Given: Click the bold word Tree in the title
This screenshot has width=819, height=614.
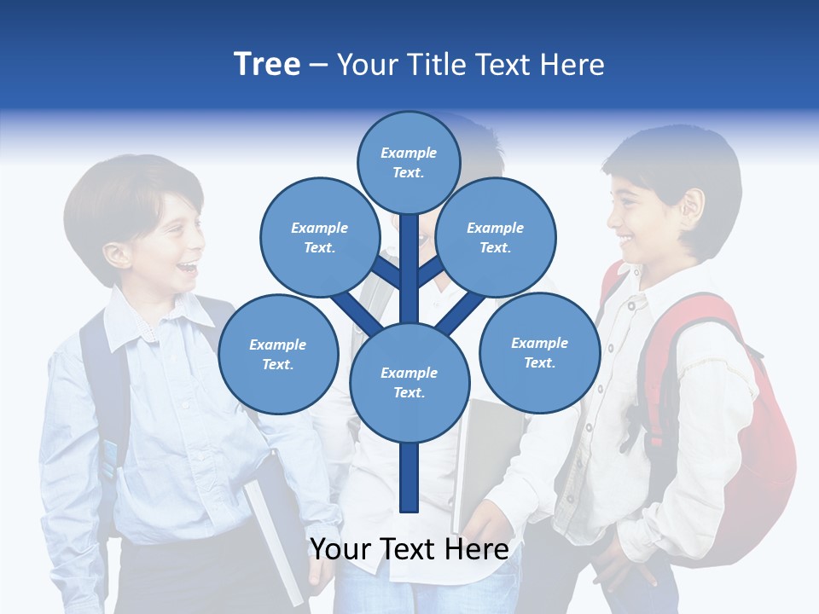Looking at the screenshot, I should point(267,64).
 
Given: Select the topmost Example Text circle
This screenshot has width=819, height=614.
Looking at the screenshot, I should point(409,162).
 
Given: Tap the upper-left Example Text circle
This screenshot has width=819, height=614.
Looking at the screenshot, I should point(319,237).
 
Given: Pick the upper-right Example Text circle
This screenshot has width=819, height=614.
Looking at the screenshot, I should point(495,237).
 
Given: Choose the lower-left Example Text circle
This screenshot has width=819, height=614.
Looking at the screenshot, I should point(277,354).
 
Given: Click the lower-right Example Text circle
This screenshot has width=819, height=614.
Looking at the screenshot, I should point(539,352).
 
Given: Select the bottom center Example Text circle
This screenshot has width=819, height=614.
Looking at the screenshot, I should point(409,382).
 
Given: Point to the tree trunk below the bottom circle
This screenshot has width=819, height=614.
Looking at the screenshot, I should point(409,478).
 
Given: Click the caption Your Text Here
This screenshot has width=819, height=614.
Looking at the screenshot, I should point(409,549).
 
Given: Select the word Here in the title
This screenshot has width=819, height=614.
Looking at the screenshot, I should point(572,65).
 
